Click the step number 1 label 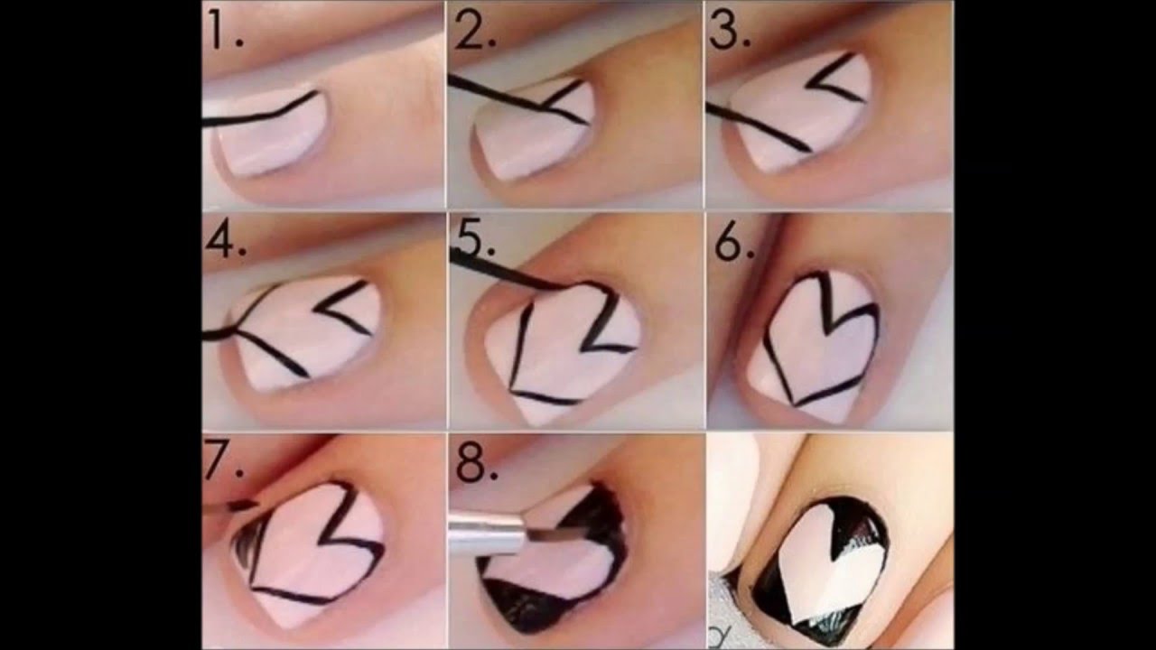[225, 32]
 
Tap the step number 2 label [475, 32]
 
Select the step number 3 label [729, 32]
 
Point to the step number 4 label [226, 240]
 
